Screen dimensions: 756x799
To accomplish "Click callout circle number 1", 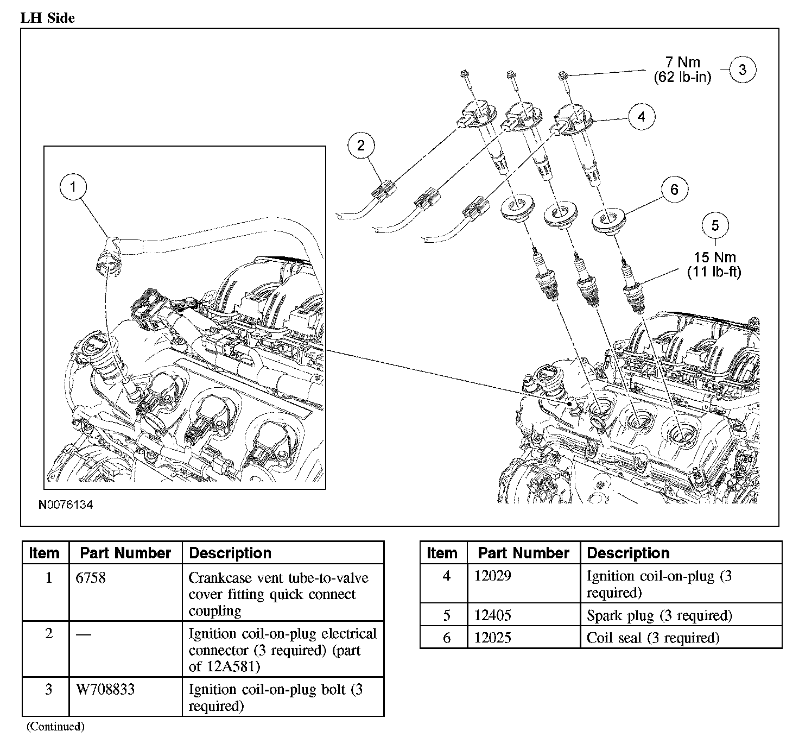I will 73,187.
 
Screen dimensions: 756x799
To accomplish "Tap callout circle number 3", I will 742,69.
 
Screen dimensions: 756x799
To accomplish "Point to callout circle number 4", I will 642,116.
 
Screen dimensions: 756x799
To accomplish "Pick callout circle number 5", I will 715,225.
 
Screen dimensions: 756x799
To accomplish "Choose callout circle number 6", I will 674,189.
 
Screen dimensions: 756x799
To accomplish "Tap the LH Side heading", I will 48,18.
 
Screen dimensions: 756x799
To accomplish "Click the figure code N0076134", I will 66,505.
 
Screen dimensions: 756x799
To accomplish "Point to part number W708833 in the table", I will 100,690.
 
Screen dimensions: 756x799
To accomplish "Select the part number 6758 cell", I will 91,577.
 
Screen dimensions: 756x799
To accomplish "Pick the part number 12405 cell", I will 492,615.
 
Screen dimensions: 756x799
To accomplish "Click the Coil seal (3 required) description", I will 653,638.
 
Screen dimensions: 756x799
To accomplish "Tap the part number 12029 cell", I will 492,576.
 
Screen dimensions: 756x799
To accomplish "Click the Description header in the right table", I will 628,553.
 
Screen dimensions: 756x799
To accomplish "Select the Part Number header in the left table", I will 125,553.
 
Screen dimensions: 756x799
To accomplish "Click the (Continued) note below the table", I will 55,726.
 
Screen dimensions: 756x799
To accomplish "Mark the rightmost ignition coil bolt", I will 563,75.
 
